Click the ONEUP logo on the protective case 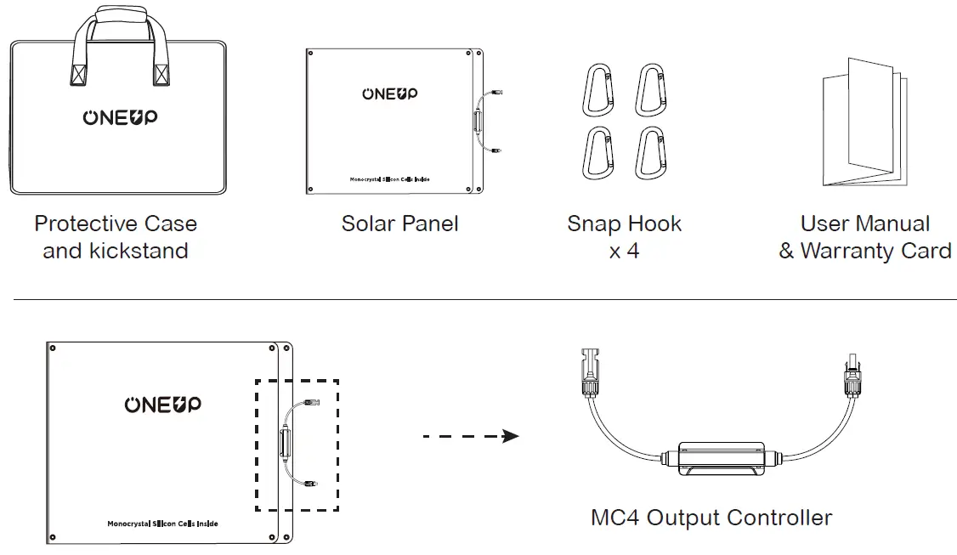(x=120, y=118)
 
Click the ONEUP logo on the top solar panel (x=390, y=93)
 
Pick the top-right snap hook (x=650, y=89)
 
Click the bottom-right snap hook (x=650, y=153)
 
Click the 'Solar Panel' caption (x=399, y=224)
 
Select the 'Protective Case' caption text (x=116, y=224)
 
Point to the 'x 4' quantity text (x=624, y=252)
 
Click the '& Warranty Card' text (x=864, y=252)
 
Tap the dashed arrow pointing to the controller (x=471, y=436)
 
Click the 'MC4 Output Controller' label (x=711, y=517)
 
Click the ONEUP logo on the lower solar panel (x=162, y=405)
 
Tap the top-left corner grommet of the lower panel (x=53, y=348)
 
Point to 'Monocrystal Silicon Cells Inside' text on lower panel (x=162, y=524)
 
